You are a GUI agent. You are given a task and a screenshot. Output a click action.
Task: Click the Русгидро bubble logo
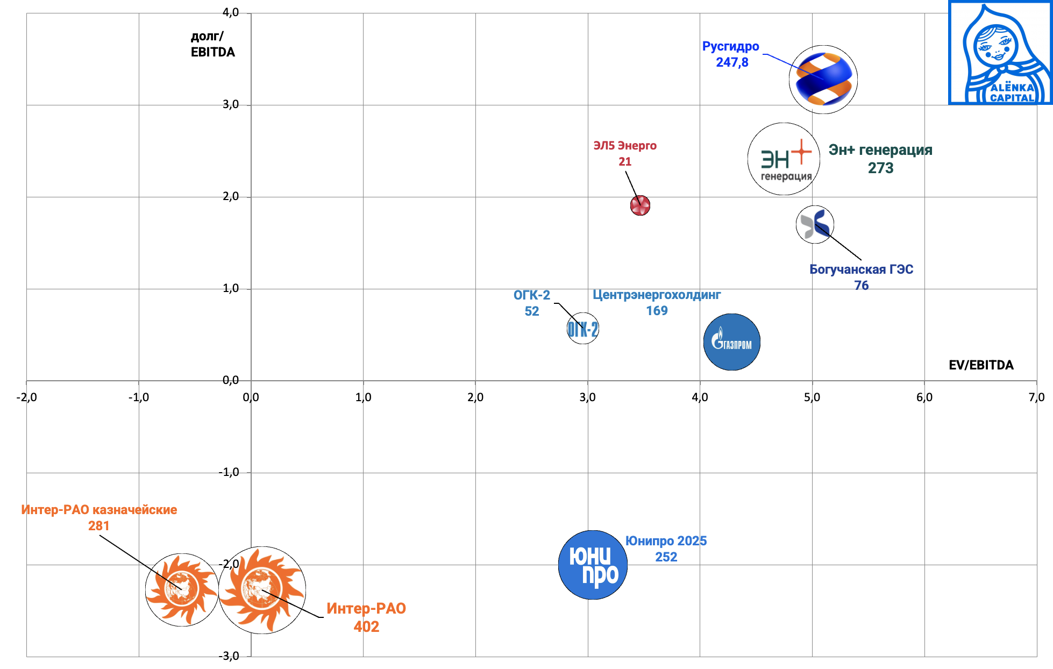(823, 80)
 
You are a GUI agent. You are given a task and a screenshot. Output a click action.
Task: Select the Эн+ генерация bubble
(784, 159)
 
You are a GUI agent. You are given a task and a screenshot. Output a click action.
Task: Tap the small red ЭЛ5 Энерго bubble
(640, 205)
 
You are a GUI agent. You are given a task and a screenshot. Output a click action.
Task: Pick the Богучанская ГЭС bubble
(815, 224)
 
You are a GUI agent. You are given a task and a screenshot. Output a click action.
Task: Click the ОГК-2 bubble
(583, 329)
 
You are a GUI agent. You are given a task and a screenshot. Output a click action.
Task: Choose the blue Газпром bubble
(731, 342)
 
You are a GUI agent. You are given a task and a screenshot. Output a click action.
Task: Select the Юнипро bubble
(593, 565)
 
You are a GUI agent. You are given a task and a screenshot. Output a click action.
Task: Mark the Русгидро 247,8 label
(731, 54)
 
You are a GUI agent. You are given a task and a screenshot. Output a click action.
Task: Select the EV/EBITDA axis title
(981, 365)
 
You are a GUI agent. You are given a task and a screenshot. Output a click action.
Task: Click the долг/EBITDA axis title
(212, 44)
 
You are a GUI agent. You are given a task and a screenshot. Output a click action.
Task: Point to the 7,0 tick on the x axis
(1036, 397)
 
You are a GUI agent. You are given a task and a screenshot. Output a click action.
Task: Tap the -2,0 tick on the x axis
(26, 397)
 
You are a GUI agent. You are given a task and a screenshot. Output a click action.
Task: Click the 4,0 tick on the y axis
(231, 12)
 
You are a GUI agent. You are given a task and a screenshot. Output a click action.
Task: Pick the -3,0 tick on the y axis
(229, 656)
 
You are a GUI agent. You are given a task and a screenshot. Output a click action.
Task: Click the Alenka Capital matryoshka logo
(1000, 53)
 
